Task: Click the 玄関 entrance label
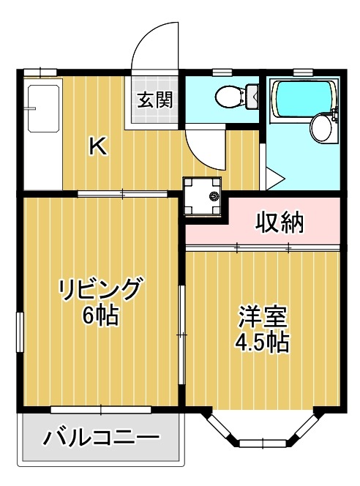154,100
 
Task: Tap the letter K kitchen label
98,146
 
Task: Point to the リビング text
100,291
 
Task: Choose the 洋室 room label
261,316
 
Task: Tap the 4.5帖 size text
261,342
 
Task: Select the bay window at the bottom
261,432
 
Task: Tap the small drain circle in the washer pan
214,195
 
